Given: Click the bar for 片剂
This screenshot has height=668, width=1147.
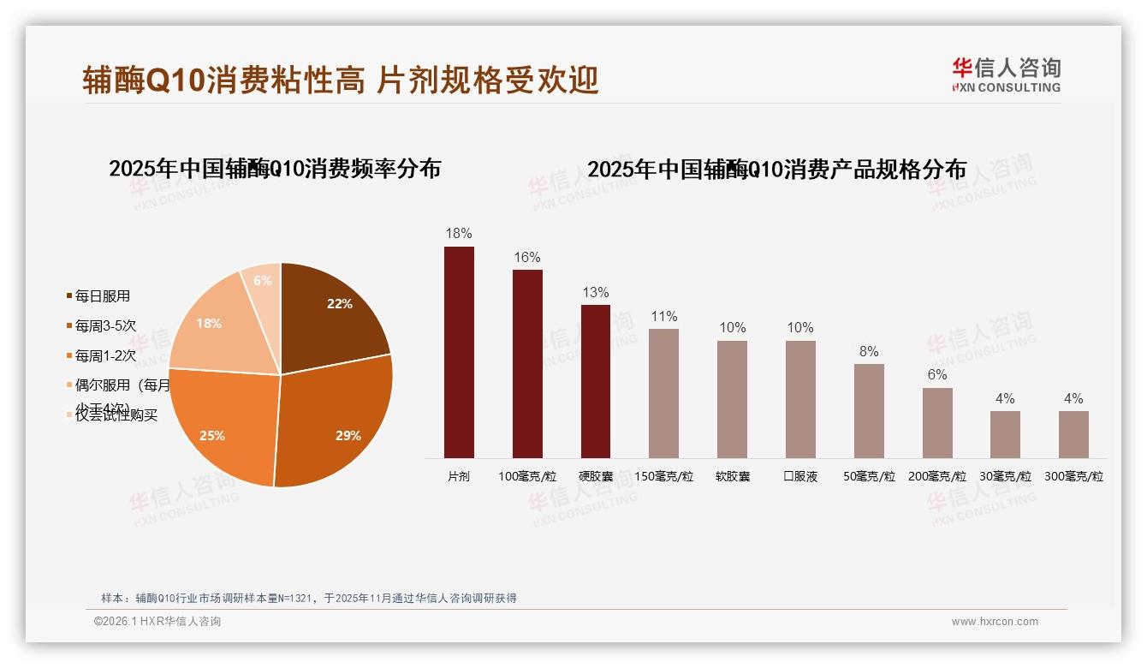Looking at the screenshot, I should [459, 352].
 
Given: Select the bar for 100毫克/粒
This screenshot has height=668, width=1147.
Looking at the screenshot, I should [527, 364].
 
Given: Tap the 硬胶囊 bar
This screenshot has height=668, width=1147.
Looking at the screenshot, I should [596, 381].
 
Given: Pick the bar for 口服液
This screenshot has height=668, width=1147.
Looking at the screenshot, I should [800, 399].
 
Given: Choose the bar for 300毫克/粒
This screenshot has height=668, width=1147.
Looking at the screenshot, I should [1073, 434].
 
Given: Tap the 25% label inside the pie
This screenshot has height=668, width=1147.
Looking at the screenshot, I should [212, 435].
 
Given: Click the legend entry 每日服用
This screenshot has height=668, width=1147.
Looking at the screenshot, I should [102, 296].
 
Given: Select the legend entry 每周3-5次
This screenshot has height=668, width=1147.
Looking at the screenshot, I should [105, 325].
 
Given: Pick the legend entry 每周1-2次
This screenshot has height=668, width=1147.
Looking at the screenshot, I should [105, 355].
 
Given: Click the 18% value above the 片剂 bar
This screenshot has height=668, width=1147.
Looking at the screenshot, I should [459, 233].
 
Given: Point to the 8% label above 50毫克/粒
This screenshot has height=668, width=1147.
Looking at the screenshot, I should [869, 351].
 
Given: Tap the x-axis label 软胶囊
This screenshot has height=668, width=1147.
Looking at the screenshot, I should [732, 476].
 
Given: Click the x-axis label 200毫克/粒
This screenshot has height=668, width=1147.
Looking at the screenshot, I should [936, 476].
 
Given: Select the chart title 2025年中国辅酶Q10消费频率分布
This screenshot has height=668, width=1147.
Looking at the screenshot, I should [275, 169].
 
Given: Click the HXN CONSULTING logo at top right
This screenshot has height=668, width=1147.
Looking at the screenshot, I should [1006, 75].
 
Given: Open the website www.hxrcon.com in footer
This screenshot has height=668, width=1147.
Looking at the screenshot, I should [995, 622].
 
